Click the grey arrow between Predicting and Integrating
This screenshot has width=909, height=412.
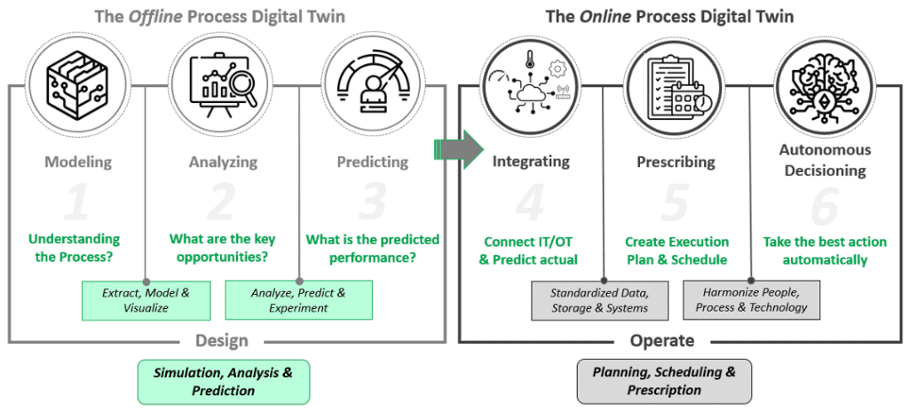pyautogui.click(x=458, y=147)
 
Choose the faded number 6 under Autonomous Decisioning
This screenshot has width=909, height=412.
pyautogui.click(x=825, y=206)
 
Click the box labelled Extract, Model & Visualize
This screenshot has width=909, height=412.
pyautogui.click(x=140, y=300)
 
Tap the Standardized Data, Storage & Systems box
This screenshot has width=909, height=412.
pyautogui.click(x=598, y=300)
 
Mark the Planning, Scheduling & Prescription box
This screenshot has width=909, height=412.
pyautogui.click(x=664, y=382)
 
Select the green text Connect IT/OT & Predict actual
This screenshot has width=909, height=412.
pyautogui.click(x=530, y=250)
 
